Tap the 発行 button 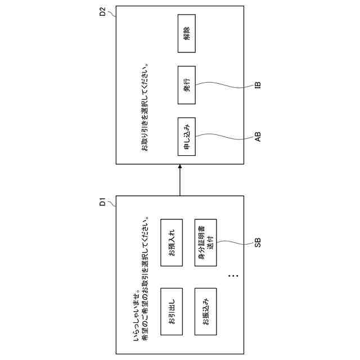(187, 85)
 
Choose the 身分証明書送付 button (205, 242)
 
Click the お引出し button (172, 311)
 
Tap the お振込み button (205, 311)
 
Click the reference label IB (257, 85)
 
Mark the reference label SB (257, 243)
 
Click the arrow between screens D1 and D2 (180, 180)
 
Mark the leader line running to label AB (225, 136)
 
